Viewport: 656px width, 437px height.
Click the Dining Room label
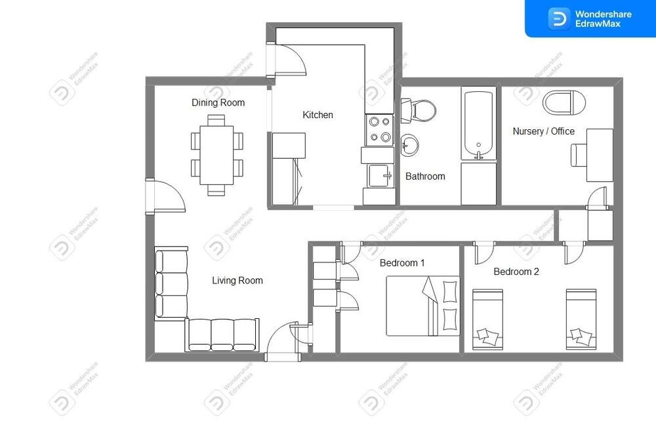point(218,102)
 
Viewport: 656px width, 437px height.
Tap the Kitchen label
point(318,115)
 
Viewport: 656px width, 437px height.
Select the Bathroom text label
point(425,177)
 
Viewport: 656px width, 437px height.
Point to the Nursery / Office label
point(543,131)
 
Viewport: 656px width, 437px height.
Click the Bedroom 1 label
point(402,263)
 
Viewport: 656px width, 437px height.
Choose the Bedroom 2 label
point(516,272)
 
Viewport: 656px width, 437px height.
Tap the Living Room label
point(237,280)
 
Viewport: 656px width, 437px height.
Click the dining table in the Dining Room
point(216,155)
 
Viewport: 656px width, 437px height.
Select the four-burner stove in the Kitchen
point(379,130)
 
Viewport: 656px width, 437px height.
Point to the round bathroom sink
point(409,145)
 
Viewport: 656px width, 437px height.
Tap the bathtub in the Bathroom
point(479,123)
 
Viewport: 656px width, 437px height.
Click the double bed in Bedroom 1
point(422,306)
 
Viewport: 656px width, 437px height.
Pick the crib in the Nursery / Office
point(564,102)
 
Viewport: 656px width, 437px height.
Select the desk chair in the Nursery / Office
point(579,155)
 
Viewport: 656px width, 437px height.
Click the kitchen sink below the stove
point(380,175)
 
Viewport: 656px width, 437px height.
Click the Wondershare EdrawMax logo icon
point(558,19)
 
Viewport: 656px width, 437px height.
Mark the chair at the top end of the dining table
point(216,120)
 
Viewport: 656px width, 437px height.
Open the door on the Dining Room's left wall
point(165,196)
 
